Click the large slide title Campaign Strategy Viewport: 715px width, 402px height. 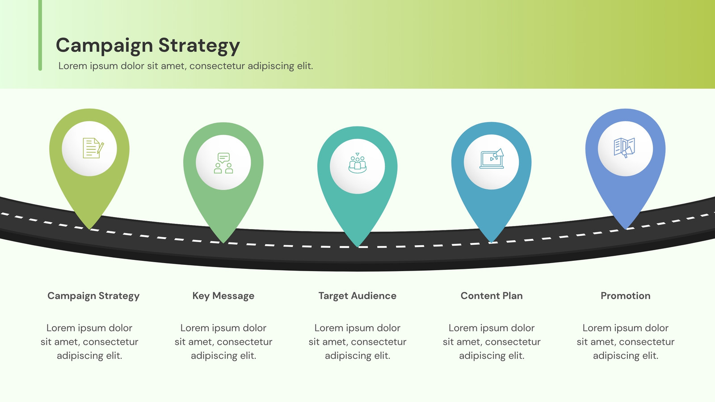coord(148,46)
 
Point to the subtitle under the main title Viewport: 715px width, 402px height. coord(185,66)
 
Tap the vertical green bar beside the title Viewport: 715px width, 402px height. coord(40,35)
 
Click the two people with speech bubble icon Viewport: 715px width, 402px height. coord(223,163)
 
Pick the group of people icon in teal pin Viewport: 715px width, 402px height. coord(357,163)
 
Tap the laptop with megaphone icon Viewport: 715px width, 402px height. coord(492,159)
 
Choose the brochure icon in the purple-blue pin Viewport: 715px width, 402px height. coord(624,148)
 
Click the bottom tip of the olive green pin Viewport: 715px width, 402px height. coord(90,230)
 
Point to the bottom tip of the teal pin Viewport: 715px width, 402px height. coord(357,247)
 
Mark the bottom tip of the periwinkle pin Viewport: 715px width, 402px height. coord(626,229)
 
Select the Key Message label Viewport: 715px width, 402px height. coord(223,296)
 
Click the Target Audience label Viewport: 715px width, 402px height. coord(357,296)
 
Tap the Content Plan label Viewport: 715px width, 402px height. coord(492,296)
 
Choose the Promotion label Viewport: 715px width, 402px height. coord(626,296)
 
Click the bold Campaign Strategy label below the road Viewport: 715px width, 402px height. coord(93,296)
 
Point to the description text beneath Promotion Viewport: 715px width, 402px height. coord(626,342)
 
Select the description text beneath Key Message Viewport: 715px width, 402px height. coord(223,342)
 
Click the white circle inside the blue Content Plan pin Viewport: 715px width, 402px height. coord(492,162)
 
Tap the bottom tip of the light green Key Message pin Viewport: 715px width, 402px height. coord(223,243)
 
